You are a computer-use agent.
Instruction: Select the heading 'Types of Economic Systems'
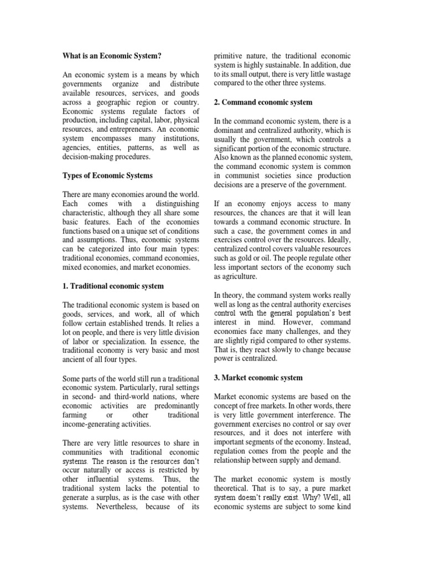coord(107,176)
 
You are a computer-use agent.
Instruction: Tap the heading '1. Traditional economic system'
coord(112,286)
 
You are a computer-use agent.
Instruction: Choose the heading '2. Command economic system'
coord(263,102)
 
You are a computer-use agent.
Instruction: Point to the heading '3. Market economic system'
coord(258,378)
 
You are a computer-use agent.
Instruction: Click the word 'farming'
coord(75,415)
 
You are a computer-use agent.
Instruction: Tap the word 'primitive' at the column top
coord(229,55)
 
